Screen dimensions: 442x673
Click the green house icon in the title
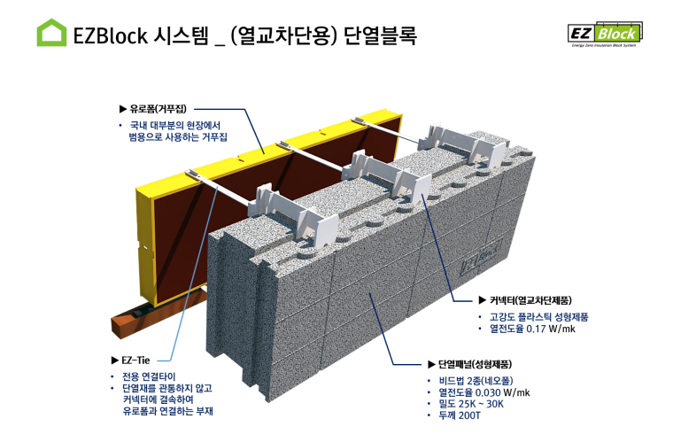click(x=51, y=35)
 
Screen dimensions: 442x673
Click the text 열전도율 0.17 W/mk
click(x=531, y=330)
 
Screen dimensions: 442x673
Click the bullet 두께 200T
click(x=461, y=415)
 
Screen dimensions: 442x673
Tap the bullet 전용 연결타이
click(x=147, y=376)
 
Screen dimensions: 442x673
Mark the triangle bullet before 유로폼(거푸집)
click(x=123, y=108)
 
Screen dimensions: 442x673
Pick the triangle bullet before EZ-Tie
click(x=112, y=361)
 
